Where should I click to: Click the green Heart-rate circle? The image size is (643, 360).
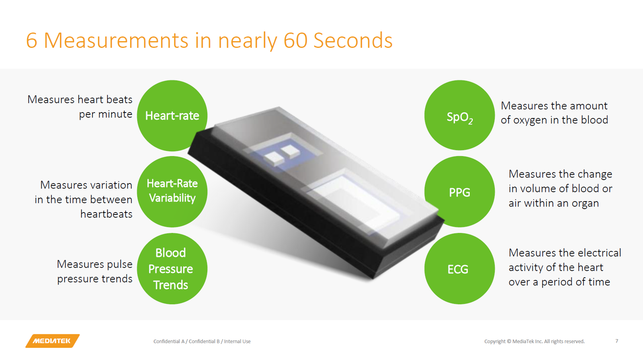point(172,115)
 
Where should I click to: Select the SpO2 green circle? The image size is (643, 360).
point(460,115)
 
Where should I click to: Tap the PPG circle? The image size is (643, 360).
point(460,192)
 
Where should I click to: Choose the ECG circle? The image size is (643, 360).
point(460,268)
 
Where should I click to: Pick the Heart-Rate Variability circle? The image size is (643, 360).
point(172,192)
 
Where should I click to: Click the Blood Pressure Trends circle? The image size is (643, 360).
point(172,268)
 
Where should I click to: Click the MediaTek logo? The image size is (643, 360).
point(52,341)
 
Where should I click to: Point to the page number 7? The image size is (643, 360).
point(616,341)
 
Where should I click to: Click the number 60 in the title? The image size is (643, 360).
point(295,40)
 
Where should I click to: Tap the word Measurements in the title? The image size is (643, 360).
point(116,40)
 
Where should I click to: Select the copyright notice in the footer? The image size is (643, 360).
point(534,342)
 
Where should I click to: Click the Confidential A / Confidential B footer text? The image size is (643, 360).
point(202,342)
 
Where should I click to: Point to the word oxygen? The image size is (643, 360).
point(530,120)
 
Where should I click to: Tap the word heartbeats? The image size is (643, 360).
point(106,214)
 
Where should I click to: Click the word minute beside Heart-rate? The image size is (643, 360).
point(115,114)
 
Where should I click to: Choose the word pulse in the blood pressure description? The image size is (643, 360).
point(119,264)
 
